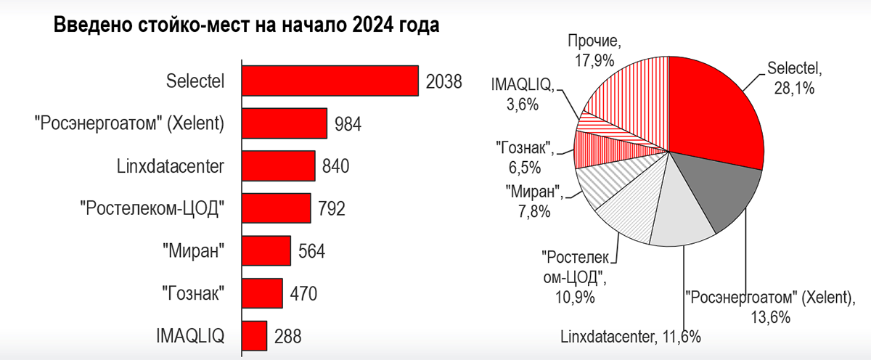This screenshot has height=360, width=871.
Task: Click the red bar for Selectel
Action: click(330, 81)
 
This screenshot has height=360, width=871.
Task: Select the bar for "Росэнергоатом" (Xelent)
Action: click(284, 123)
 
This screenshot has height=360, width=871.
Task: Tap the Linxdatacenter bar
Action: click(278, 165)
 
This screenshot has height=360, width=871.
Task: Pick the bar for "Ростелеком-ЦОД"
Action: click(276, 208)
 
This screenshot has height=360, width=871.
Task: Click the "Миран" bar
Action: click(266, 250)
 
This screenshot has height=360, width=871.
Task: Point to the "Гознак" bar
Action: click(261, 293)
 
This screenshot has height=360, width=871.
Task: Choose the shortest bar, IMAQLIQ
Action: click(254, 335)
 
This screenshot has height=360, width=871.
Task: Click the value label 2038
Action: click(443, 81)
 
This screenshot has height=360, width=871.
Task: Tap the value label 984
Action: click(348, 124)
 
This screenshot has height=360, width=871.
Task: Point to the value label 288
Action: click(287, 336)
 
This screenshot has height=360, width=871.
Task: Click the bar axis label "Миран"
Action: click(192, 251)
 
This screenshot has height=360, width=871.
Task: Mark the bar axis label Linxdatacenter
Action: click(171, 166)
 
